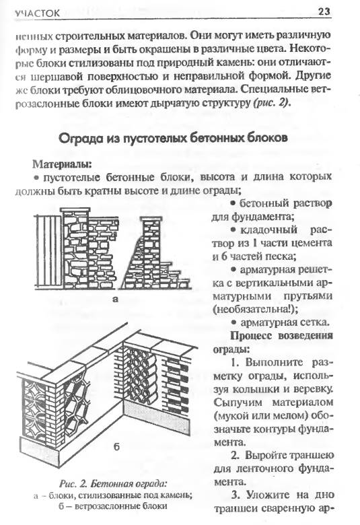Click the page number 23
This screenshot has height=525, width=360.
324,11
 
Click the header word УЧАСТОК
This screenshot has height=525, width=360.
37,13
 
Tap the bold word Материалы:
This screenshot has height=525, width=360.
62,164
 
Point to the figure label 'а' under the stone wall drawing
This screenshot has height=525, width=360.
116,299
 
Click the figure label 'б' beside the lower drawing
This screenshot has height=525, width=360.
116,446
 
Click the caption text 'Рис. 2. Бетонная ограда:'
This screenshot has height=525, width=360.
113,483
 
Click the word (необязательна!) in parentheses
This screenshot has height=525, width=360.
255,309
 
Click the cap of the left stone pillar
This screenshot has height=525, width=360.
75,211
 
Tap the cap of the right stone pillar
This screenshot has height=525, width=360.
151,219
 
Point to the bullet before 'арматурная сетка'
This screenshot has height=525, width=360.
234,322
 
